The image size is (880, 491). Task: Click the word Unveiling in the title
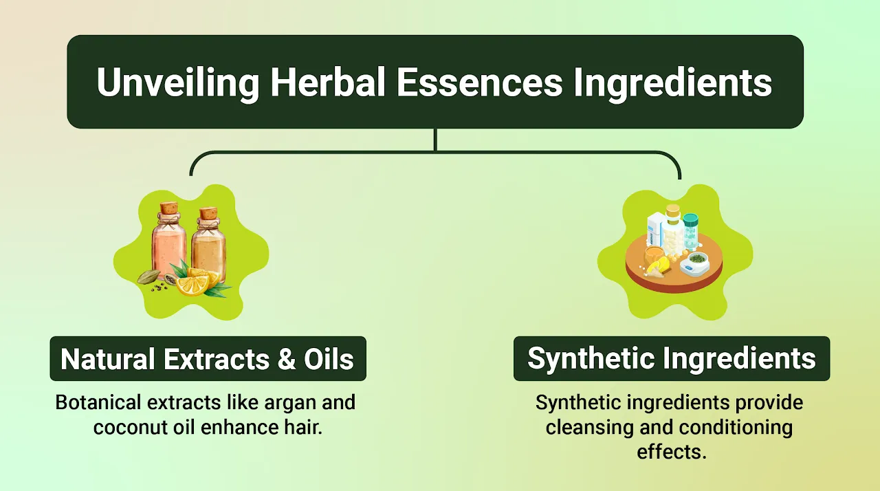[177, 83]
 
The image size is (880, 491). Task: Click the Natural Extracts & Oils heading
[208, 359]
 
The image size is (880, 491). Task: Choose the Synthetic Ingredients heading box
[671, 359]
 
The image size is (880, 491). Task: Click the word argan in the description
[274, 402]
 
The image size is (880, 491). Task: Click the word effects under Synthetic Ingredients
[671, 452]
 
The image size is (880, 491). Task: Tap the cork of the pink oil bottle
[169, 208]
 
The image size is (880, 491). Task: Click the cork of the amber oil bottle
[208, 213]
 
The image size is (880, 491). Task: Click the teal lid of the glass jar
[690, 219]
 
